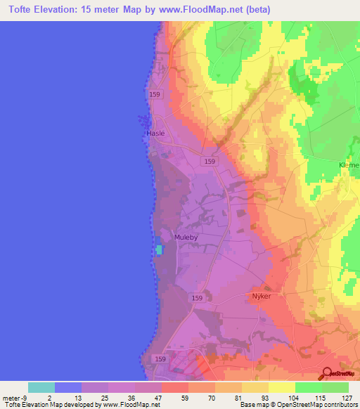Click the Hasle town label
click(155, 133)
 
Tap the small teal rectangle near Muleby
click(159, 249)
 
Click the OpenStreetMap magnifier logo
click(327, 374)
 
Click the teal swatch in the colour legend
click(41, 387)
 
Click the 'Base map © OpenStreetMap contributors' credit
click(298, 405)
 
